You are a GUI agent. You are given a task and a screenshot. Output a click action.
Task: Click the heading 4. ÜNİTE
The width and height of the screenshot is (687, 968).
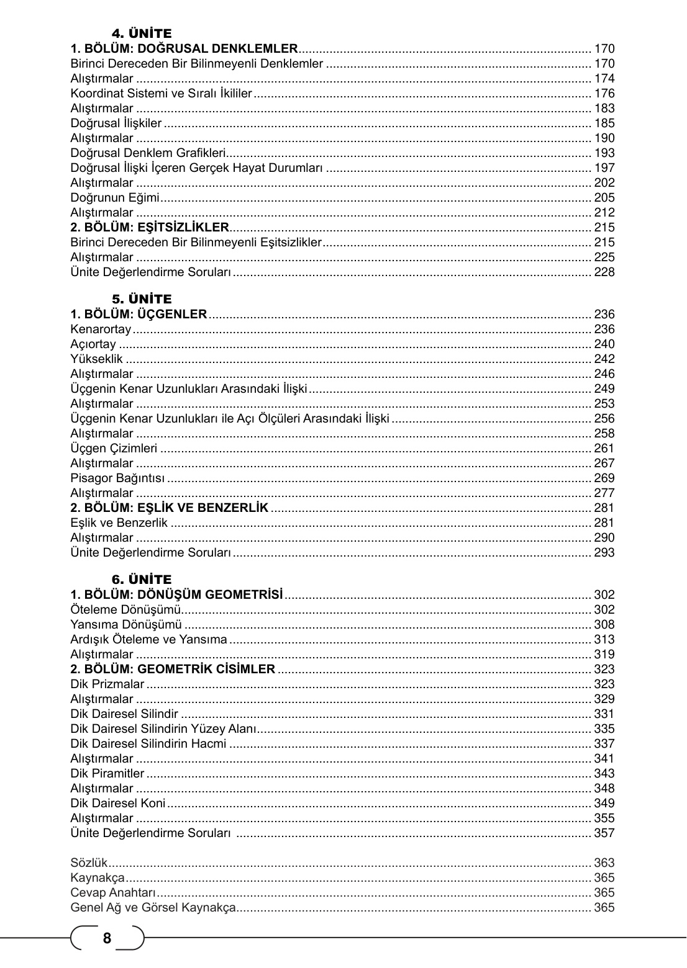click(x=141, y=33)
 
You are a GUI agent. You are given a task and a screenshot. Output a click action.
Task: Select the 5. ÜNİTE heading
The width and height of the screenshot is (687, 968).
click(x=141, y=299)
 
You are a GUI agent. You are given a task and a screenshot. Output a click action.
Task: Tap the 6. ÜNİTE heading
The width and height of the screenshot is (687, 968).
click(x=141, y=580)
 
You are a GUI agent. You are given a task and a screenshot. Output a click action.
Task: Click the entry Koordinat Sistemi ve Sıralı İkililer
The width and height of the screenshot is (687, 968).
click(x=161, y=94)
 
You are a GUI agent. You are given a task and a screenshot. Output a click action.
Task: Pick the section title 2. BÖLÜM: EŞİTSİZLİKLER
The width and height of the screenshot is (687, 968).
click(x=150, y=228)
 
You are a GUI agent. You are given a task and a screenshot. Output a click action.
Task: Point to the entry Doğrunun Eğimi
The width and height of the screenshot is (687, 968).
click(x=115, y=198)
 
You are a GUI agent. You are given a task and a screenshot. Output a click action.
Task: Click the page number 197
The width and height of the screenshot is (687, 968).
click(x=604, y=168)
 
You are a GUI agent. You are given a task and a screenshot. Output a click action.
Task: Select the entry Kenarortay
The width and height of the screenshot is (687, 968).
click(x=101, y=329)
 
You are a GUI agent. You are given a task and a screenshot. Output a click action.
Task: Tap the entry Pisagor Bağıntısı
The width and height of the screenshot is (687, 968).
click(x=117, y=478)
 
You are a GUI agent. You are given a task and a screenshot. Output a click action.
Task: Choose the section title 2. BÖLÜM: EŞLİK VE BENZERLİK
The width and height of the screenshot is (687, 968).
click(x=170, y=508)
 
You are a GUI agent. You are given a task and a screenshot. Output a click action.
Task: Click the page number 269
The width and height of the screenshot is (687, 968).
click(x=604, y=478)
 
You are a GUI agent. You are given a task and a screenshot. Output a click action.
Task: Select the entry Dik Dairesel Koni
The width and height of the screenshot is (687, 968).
click(x=118, y=804)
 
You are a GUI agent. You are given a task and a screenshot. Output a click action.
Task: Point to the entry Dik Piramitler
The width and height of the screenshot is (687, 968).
click(x=107, y=774)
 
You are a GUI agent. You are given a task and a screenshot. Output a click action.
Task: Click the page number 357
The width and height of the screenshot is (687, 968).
click(x=604, y=833)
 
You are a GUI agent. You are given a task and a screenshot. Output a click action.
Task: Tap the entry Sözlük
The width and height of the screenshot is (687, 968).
click(x=89, y=863)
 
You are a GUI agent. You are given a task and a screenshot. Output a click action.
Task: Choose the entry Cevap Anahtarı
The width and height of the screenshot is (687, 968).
click(x=112, y=893)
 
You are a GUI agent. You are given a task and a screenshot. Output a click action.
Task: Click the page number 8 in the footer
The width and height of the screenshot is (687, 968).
click(x=107, y=938)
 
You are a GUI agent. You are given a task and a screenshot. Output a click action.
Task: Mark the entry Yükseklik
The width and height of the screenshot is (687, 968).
click(x=97, y=359)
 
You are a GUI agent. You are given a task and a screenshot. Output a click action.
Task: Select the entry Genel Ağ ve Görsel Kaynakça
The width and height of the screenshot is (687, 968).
click(x=153, y=908)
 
